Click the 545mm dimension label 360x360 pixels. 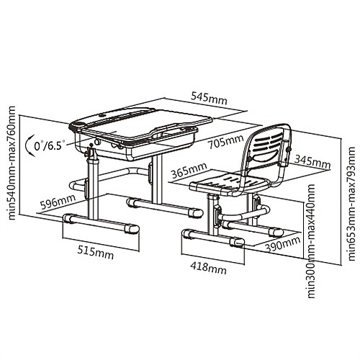209,98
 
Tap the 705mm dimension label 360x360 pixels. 226,142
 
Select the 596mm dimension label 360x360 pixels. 58,202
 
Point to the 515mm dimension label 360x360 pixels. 95,253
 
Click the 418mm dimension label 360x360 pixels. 208,268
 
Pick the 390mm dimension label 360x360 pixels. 283,244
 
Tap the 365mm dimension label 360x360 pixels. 189,171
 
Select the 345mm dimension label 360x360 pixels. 312,161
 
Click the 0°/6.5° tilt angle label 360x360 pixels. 50,145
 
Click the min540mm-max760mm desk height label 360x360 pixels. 12,163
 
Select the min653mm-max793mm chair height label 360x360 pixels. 351,204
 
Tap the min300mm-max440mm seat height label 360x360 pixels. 311,241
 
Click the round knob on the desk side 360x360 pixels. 98,141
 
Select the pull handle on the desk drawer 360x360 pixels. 166,132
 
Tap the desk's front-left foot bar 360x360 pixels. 101,223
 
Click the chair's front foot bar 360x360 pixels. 213,237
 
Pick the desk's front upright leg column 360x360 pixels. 93,186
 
